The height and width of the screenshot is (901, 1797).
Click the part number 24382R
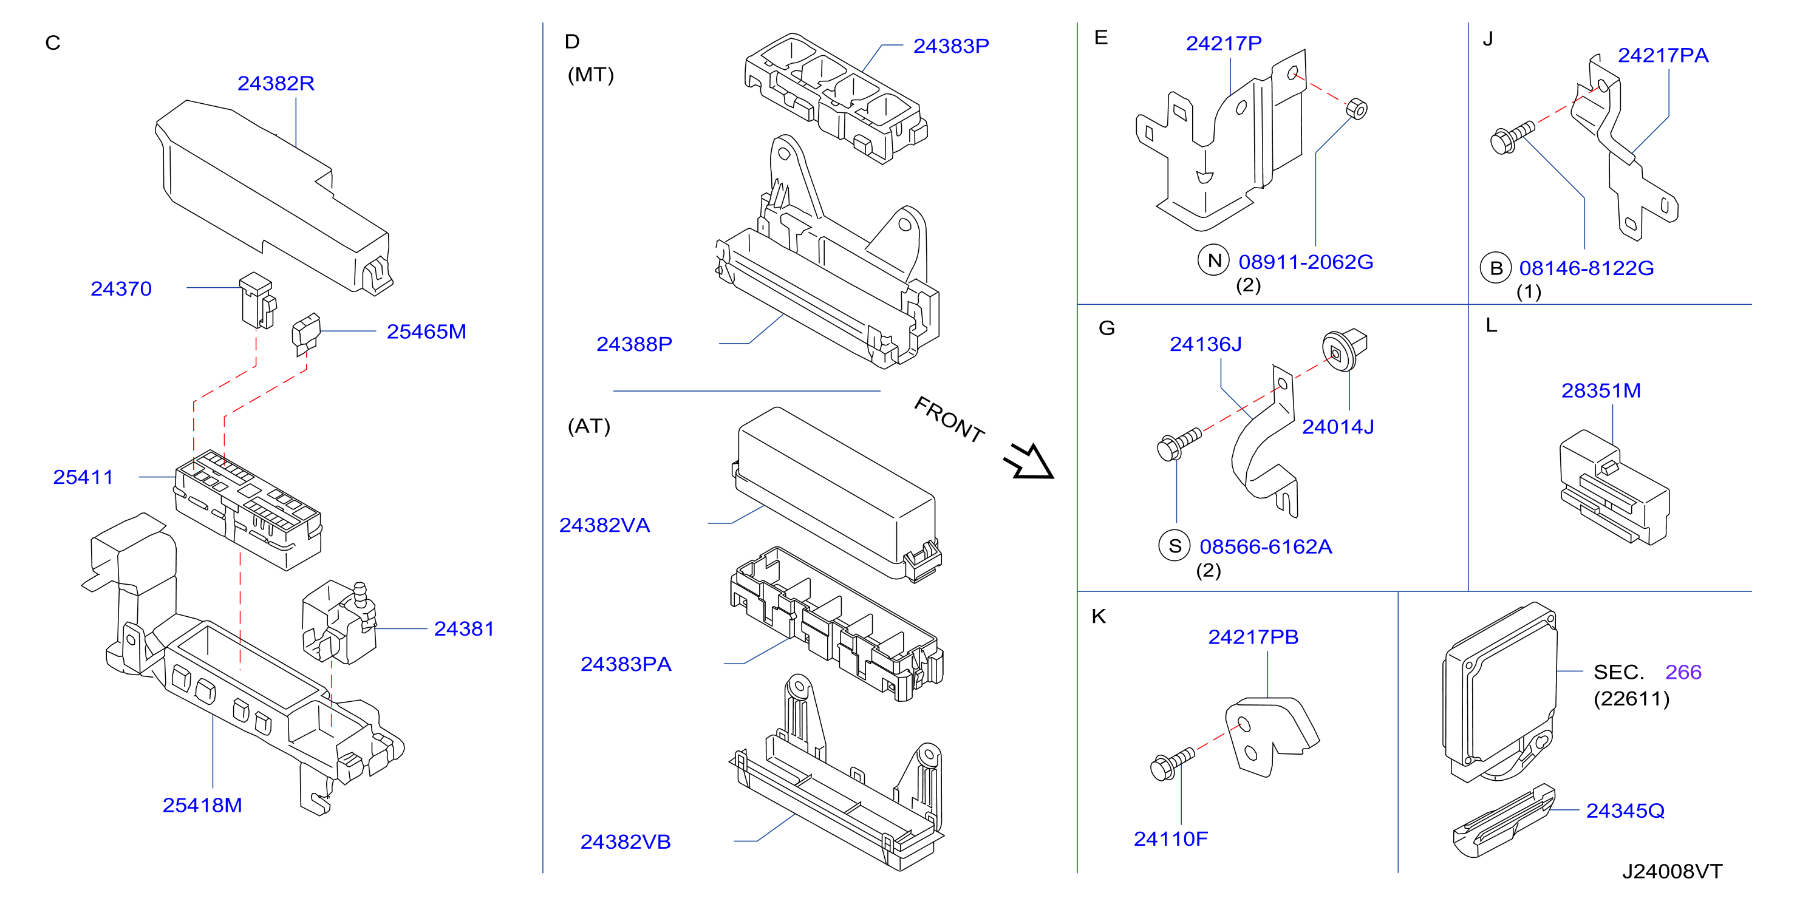tap(276, 84)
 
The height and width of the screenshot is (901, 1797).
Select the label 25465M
tap(426, 332)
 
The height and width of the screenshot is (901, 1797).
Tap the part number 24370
tap(121, 289)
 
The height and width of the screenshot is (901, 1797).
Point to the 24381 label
tap(464, 629)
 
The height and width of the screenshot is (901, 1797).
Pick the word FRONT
tap(949, 419)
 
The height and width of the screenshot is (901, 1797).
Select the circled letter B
tap(1496, 268)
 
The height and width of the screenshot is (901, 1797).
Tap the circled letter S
tap(1175, 545)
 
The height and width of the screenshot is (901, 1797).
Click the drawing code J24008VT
tap(1672, 872)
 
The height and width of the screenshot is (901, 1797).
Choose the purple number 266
tap(1683, 672)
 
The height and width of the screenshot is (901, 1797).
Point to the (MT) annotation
tap(591, 75)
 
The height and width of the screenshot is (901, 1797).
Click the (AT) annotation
tap(588, 426)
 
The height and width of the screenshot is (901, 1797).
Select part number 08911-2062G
tap(1306, 262)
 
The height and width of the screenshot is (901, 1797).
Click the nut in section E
tap(1356, 109)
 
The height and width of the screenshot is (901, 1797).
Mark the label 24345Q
tap(1625, 811)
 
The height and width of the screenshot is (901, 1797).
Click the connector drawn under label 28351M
tap(1614, 488)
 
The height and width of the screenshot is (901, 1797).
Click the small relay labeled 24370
tap(257, 301)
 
